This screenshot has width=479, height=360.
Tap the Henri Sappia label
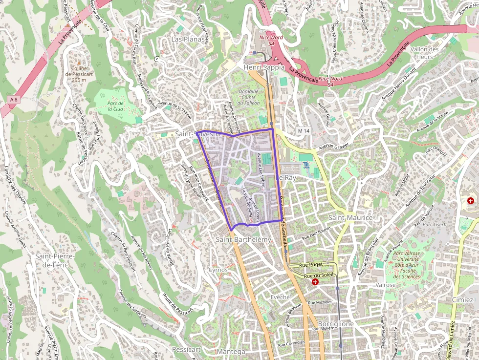point(264,67)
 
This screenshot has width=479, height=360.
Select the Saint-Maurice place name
point(350,217)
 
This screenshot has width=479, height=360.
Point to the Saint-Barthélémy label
point(243,239)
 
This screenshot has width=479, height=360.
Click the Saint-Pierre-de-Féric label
point(55,260)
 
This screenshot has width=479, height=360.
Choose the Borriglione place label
point(336,324)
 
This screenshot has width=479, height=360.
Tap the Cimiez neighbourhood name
point(462,299)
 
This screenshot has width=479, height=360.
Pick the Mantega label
point(231,352)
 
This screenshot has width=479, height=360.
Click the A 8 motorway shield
point(14,100)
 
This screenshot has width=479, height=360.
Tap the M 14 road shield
point(304,131)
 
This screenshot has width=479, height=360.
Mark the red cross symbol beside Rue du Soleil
point(315,282)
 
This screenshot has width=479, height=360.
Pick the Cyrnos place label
point(218,270)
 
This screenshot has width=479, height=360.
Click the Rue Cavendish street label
point(291,343)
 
